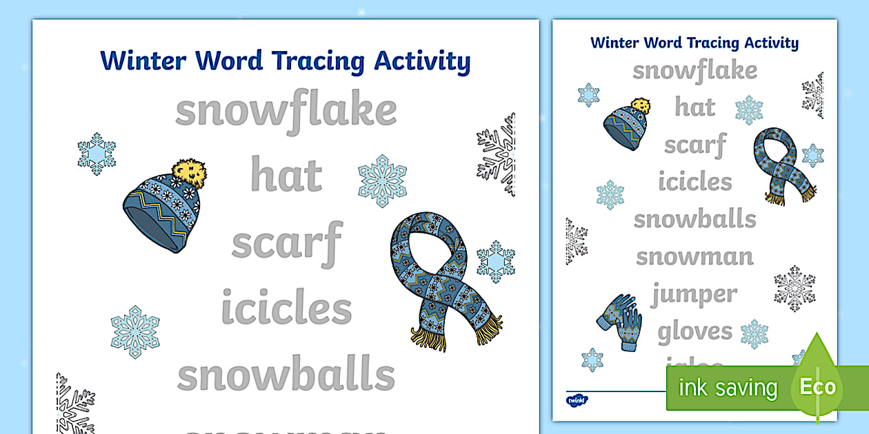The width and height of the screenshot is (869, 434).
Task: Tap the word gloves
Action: coord(695,331)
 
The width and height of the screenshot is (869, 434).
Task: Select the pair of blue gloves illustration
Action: coord(619,322)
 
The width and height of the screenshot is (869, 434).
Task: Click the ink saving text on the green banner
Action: coord(728,388)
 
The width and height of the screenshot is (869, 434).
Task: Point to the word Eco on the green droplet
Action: coord(818,386)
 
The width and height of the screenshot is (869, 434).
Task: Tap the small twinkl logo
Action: coord(576,400)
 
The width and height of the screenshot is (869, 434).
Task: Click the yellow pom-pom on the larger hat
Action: coord(189,173)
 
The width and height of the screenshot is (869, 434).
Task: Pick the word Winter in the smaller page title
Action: coord(615,43)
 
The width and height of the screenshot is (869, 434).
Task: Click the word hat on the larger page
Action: coord(286,175)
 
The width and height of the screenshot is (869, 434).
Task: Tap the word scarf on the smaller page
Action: coord(695,145)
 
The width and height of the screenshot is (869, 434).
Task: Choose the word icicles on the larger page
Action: coord(286,308)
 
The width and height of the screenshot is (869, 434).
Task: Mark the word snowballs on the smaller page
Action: coord(695,220)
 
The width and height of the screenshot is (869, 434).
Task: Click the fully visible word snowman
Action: coord(695,257)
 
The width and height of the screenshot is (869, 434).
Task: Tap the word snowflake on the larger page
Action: coord(286,110)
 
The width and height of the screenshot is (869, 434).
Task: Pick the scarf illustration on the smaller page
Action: coord(782,165)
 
